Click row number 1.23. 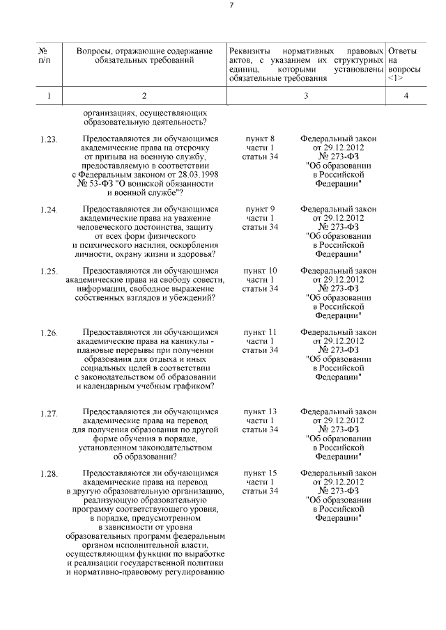click(49, 140)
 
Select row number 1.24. click(49, 210)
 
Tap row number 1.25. click(49, 271)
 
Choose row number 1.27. click(49, 414)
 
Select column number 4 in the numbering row click(406, 96)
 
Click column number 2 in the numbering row click(144, 96)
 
